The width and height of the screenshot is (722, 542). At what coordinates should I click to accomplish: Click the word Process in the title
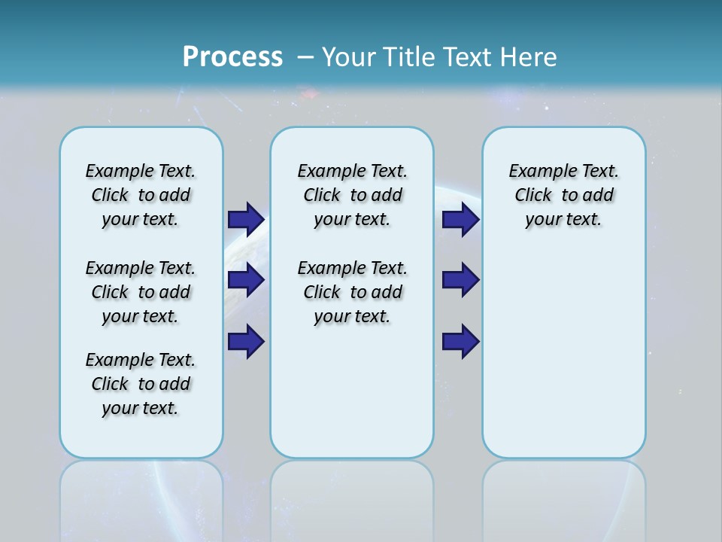point(232,57)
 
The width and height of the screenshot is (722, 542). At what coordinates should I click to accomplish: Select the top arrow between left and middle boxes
point(246,219)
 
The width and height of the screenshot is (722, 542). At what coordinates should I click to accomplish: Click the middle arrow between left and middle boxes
point(246,280)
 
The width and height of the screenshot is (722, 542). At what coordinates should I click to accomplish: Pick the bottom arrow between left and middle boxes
point(246,342)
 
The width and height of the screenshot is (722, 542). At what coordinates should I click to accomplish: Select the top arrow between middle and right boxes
point(460,219)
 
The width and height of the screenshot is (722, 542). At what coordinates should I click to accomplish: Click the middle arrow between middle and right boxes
point(460,280)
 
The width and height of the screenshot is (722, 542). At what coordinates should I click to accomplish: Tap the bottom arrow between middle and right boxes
point(460,342)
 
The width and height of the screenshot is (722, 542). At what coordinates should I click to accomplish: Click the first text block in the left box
point(141,195)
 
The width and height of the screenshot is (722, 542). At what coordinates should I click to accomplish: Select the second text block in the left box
point(141,292)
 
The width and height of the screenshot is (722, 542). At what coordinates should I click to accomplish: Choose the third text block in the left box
point(141,384)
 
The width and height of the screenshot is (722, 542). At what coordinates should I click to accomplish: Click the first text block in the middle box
point(352,195)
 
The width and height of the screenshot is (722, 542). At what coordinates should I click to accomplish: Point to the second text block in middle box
point(352,292)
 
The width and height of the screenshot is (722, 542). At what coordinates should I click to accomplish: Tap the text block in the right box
point(563,195)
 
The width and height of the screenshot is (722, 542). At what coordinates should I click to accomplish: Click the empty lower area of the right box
point(563,361)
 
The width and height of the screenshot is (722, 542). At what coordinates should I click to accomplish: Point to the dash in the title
point(305,58)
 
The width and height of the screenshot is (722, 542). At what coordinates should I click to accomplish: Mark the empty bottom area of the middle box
point(352,399)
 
